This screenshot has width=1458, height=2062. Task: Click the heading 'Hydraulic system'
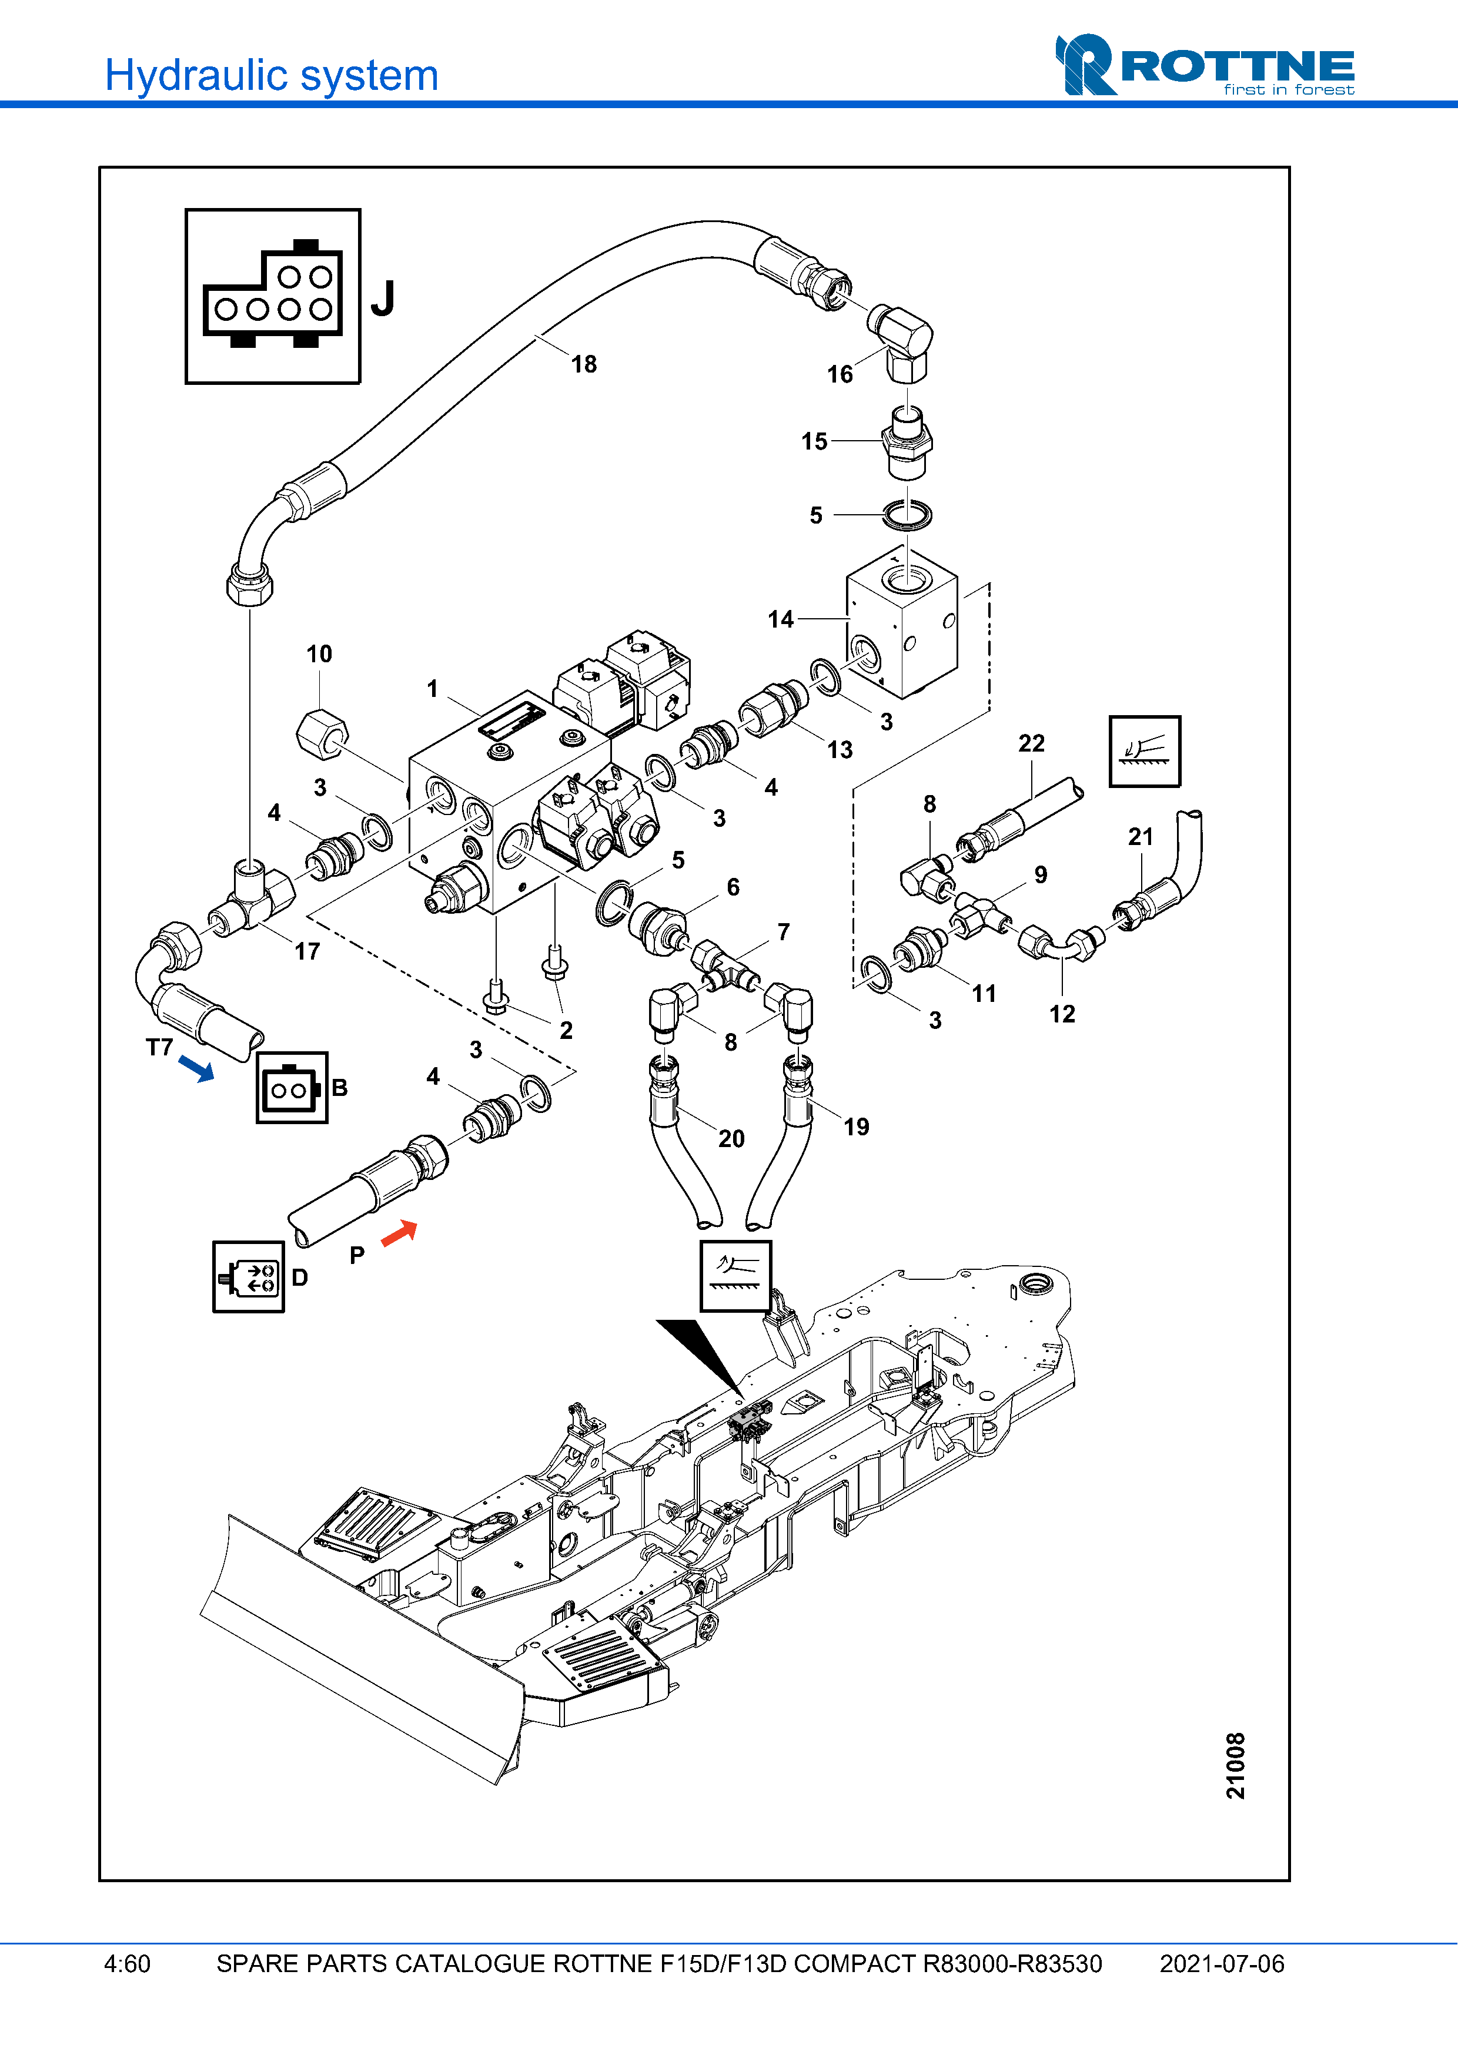(271, 75)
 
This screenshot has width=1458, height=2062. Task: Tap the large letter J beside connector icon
(383, 299)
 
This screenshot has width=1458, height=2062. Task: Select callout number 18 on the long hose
(584, 364)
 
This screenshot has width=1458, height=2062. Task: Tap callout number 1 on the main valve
(432, 689)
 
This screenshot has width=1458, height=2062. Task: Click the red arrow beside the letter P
(400, 1233)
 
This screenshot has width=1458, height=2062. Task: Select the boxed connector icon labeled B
(292, 1088)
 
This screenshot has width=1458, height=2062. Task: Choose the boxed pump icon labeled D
(249, 1277)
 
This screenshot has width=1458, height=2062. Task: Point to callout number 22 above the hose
(1031, 743)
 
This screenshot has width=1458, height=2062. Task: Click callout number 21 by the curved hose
(1141, 837)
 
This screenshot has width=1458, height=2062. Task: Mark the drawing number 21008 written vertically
(1236, 1766)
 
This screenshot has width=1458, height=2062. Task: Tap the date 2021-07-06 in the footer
(1222, 1964)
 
